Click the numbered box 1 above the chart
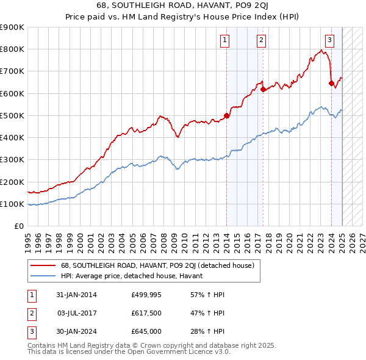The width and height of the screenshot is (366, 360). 225,41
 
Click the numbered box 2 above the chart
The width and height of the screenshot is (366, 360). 261,41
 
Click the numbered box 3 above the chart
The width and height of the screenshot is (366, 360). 329,41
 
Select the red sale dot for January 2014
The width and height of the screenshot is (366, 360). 226,115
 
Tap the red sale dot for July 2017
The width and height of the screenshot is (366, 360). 263,89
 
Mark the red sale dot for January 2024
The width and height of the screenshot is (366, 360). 331,83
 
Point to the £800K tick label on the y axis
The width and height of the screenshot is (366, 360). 12,49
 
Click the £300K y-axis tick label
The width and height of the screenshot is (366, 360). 12,160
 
